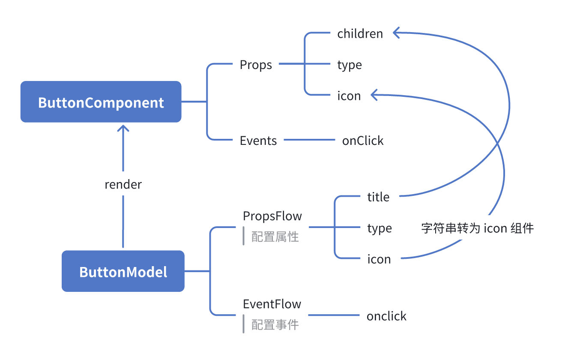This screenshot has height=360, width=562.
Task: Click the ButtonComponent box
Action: click(x=101, y=102)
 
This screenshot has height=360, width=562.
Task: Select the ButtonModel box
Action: click(x=123, y=271)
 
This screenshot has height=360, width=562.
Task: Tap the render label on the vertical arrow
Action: click(x=123, y=185)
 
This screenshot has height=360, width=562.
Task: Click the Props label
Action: click(x=256, y=65)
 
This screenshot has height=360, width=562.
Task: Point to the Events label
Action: click(x=258, y=141)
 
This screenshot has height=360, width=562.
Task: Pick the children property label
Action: click(x=360, y=33)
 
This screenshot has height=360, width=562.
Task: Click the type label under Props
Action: click(x=350, y=65)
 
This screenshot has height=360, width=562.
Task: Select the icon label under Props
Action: click(x=349, y=96)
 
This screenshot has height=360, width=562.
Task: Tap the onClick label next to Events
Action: click(x=363, y=141)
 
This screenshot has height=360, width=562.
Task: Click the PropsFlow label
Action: click(x=272, y=216)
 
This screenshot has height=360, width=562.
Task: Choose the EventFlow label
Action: click(x=272, y=304)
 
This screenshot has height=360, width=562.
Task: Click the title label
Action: click(x=378, y=197)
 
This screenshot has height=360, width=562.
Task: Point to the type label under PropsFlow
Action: click(x=380, y=228)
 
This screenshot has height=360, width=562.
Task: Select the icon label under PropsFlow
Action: click(x=379, y=259)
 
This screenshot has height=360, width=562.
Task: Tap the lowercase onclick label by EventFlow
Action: click(x=386, y=316)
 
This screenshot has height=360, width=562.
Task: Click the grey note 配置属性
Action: click(x=275, y=237)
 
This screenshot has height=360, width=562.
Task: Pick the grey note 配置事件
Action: click(x=275, y=324)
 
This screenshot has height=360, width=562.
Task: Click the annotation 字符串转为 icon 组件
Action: click(x=477, y=228)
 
